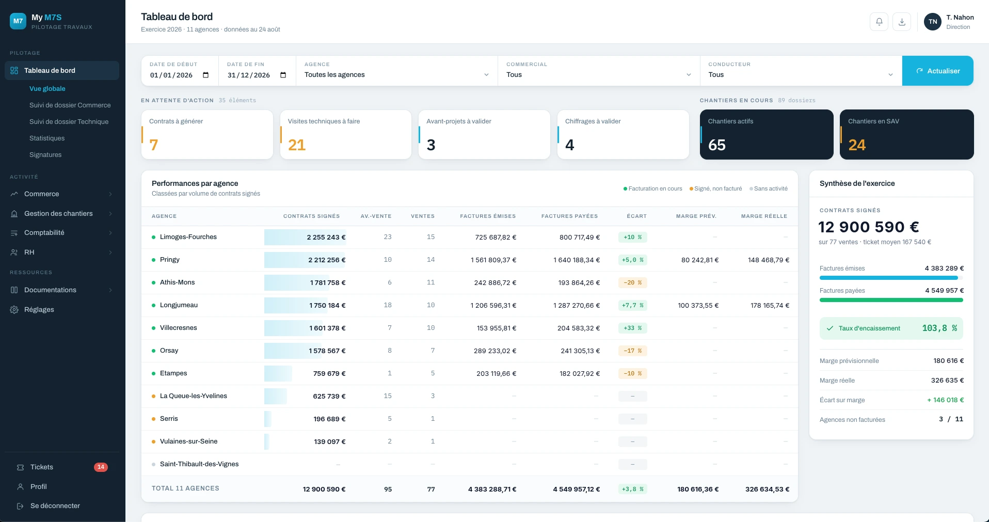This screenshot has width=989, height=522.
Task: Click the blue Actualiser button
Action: pos(937,71)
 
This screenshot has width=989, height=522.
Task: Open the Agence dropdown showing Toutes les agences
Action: pos(396,75)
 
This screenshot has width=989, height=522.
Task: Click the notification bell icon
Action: pos(879,22)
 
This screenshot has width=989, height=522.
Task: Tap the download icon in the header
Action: pos(902,22)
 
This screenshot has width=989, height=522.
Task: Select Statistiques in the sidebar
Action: pos(47,138)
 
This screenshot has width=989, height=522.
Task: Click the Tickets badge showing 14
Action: pos(101,467)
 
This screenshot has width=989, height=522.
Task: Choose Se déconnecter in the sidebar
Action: pos(55,506)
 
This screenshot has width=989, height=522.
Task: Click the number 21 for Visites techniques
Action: pos(297,145)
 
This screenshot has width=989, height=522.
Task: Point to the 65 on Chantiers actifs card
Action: pos(717,145)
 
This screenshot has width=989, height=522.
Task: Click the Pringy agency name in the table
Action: pos(170,260)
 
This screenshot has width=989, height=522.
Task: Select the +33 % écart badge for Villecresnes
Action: pos(632,328)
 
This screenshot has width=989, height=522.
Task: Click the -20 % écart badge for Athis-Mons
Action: pos(632,283)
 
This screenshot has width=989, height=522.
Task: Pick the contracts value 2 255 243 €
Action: pos(326,238)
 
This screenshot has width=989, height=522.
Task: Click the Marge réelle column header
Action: pos(764,216)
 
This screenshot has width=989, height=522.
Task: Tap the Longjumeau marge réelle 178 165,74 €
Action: pos(770,306)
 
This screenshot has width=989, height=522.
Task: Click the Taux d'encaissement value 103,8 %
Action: pos(939,328)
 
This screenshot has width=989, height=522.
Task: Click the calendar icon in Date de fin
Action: pos(283,75)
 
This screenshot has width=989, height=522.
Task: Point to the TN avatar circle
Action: pos(933,22)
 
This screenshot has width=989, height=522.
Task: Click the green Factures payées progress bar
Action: pos(891,300)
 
